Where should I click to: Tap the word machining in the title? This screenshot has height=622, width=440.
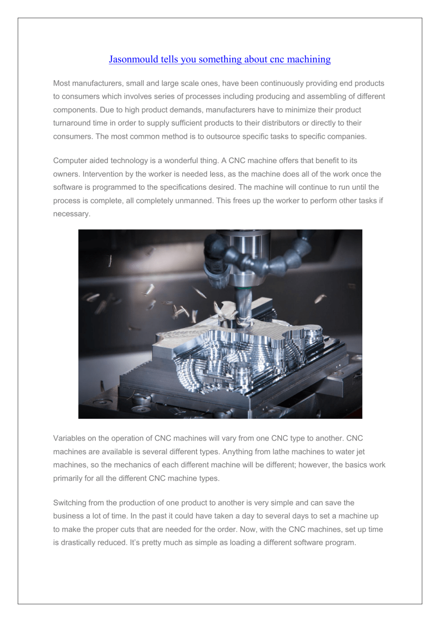pos(309,59)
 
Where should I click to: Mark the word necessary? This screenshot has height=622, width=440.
pos(71,214)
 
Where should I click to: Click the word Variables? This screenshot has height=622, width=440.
pos(69,438)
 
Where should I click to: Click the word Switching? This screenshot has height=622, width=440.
pos(70,503)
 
